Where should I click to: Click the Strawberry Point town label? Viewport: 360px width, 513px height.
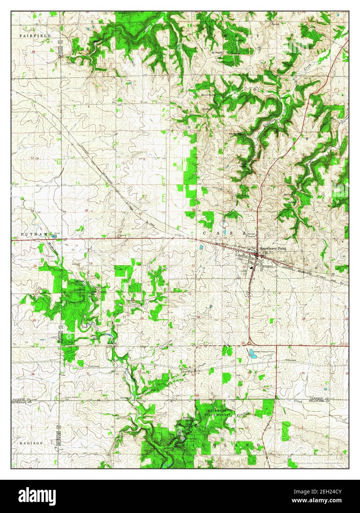click(273, 249)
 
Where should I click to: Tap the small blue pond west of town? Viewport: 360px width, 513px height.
click(201, 247)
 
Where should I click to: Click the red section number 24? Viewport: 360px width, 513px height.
click(35, 266)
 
